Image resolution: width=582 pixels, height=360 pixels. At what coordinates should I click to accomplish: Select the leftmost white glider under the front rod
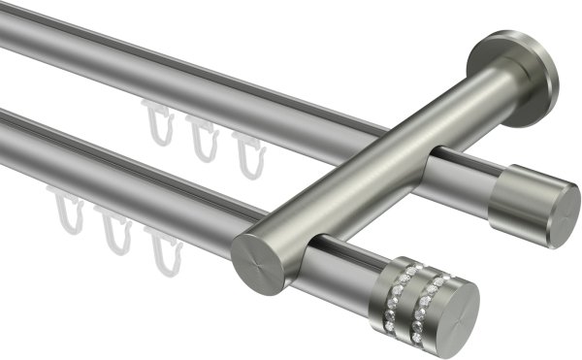click(x=69, y=219)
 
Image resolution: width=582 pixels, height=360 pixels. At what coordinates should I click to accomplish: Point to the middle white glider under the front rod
click(x=116, y=232)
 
